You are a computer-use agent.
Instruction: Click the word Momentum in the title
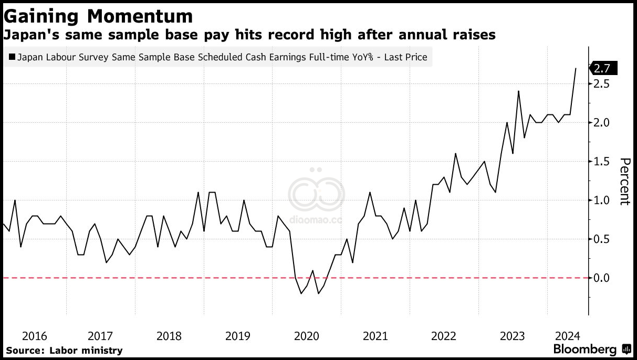pyautogui.click(x=140, y=16)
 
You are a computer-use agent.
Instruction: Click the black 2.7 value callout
pyautogui.click(x=603, y=68)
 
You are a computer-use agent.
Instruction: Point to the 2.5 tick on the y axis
pyautogui.click(x=601, y=84)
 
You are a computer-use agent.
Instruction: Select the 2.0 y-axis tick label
pyautogui.click(x=601, y=123)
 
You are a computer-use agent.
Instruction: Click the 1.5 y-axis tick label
pyautogui.click(x=601, y=162)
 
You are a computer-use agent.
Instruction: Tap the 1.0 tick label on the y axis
pyautogui.click(x=601, y=200)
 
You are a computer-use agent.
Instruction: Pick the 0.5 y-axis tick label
pyautogui.click(x=601, y=239)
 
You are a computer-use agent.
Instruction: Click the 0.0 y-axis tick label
pyautogui.click(x=601, y=278)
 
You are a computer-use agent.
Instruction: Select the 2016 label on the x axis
pyautogui.click(x=35, y=336)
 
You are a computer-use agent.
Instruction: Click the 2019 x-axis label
pyautogui.click(x=238, y=336)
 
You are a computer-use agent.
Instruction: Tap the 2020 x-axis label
pyautogui.click(x=307, y=336)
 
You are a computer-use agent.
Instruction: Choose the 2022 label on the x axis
pyautogui.click(x=444, y=336)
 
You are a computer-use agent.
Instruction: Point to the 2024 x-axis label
pyautogui.click(x=567, y=336)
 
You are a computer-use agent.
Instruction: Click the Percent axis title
pyautogui.click(x=625, y=182)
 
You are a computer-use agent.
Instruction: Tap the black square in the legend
pyautogui.click(x=12, y=57)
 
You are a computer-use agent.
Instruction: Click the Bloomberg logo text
pyautogui.click(x=584, y=349)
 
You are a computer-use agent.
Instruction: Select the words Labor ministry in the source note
pyautogui.click(x=86, y=351)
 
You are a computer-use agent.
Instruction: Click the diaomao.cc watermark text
pyautogui.click(x=316, y=220)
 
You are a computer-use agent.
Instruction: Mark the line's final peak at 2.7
pyautogui.click(x=576, y=68)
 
